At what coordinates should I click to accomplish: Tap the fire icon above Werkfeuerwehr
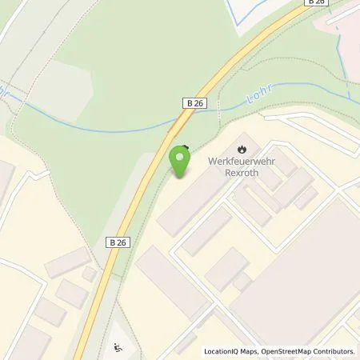[x=242, y=148]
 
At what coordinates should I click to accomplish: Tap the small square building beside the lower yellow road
[x=90, y=274]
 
